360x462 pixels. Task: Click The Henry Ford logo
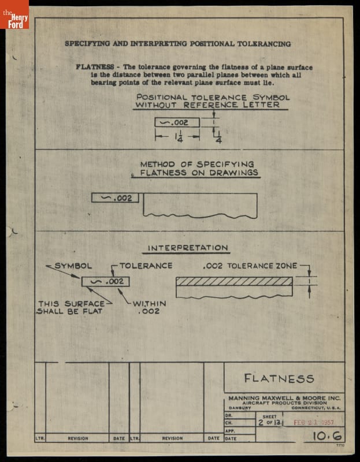[x=14, y=14]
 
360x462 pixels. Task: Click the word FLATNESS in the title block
[x=279, y=379]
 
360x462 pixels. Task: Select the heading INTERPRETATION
[x=188, y=248]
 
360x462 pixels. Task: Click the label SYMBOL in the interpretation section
[x=73, y=266]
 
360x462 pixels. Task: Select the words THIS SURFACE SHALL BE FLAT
[x=70, y=307]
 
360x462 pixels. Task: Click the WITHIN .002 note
[x=149, y=307]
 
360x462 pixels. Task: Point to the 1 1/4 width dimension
[x=177, y=138]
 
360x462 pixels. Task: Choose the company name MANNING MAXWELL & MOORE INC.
[x=284, y=398]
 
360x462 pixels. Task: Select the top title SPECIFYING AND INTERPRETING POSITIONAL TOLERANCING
[x=177, y=44]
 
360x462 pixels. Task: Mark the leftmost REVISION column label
[x=78, y=438]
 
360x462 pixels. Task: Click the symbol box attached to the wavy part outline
[x=115, y=198]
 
